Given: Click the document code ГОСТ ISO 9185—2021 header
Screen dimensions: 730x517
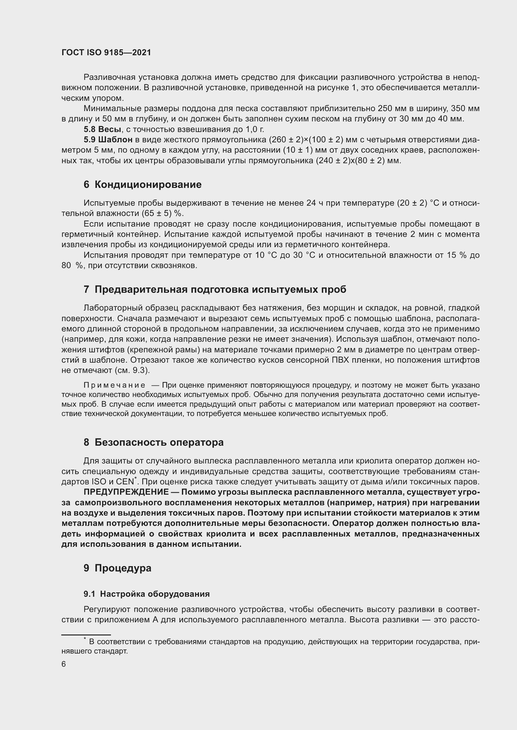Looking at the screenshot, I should [x=106, y=52].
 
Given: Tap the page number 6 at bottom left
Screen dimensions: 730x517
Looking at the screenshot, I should [x=64, y=664].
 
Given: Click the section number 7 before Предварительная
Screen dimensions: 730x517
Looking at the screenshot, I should [x=86, y=289].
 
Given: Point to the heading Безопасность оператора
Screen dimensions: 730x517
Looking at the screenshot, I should [x=159, y=442].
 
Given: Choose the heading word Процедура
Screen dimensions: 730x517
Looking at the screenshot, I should [x=123, y=568].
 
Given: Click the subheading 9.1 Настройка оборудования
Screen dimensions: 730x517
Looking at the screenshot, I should [x=146, y=594].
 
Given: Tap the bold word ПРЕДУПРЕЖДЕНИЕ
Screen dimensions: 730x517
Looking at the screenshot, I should [x=126, y=492].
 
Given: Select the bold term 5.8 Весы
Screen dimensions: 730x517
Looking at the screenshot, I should [x=102, y=130].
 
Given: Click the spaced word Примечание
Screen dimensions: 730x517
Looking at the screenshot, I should [x=114, y=385].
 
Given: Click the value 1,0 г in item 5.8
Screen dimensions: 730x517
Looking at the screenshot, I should [x=254, y=130].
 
